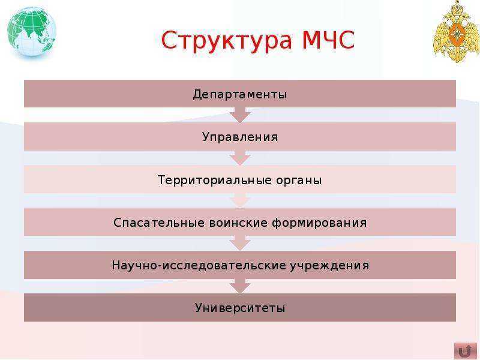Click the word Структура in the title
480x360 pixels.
(x=224, y=41)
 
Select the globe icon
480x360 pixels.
(x=32, y=32)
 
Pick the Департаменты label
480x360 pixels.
(x=240, y=94)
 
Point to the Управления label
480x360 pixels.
(x=240, y=137)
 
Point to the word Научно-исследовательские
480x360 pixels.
(x=199, y=265)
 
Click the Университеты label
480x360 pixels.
(x=240, y=308)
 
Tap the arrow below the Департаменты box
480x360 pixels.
(x=240, y=115)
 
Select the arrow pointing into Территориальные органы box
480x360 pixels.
(x=240, y=158)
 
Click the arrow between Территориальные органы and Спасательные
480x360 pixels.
(x=240, y=200)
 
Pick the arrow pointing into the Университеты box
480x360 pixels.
(x=240, y=286)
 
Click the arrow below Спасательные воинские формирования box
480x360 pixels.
(x=240, y=243)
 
